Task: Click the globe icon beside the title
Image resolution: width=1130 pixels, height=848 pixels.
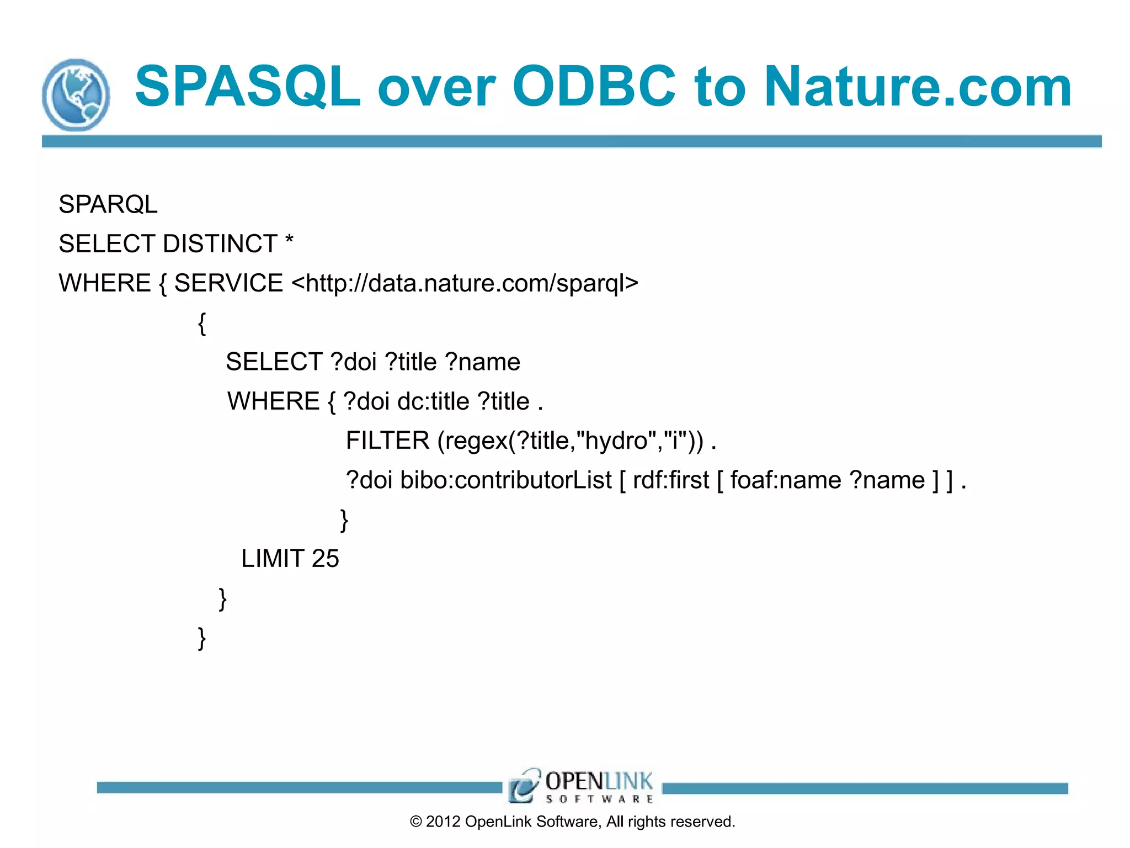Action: coord(76,95)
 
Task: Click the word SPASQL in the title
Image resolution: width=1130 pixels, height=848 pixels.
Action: coord(248,87)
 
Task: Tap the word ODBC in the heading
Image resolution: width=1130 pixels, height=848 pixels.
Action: coord(594,87)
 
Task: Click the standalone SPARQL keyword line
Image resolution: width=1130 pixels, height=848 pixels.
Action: coord(108,204)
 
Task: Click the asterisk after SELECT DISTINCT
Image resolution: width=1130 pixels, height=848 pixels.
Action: coord(289,241)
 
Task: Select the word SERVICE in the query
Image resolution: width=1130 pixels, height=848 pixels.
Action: coord(228,283)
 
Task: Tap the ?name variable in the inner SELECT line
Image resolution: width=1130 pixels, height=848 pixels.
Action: coord(482,362)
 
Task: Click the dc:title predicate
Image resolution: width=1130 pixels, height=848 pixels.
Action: coord(433,401)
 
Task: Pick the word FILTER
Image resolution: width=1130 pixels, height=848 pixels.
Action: coord(387,441)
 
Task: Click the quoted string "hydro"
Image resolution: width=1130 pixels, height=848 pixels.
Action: coord(616,441)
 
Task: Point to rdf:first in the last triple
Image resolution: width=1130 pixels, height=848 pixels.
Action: coord(670,480)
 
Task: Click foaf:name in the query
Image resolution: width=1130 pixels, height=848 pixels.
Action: coord(786,480)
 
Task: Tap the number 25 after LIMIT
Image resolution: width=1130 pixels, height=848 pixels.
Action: coord(325,559)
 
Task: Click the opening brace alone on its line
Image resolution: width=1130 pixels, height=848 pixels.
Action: coord(202,323)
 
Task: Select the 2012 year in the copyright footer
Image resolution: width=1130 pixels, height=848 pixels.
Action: coord(443,821)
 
